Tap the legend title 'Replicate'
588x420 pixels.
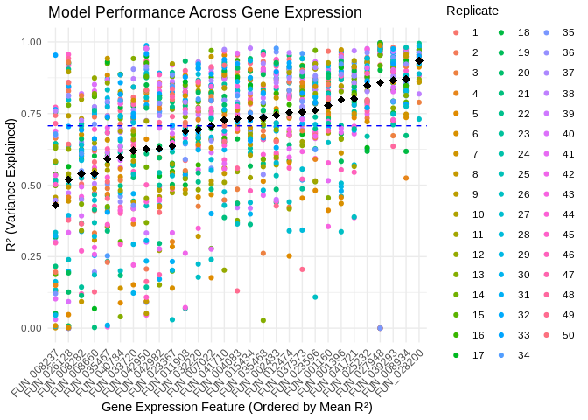(472, 10)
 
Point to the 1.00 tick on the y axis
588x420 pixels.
(32, 42)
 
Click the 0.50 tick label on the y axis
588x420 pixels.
(32, 185)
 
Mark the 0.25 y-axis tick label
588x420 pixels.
(32, 256)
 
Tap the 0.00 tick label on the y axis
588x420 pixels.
(32, 328)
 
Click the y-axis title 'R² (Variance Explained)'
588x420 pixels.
(10, 185)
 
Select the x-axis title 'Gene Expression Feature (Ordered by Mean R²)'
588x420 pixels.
(236, 407)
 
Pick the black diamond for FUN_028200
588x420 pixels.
(419, 60)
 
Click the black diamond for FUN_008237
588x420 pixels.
(55, 205)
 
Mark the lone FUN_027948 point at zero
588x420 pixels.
(380, 328)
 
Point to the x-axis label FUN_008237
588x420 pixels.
(39, 367)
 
